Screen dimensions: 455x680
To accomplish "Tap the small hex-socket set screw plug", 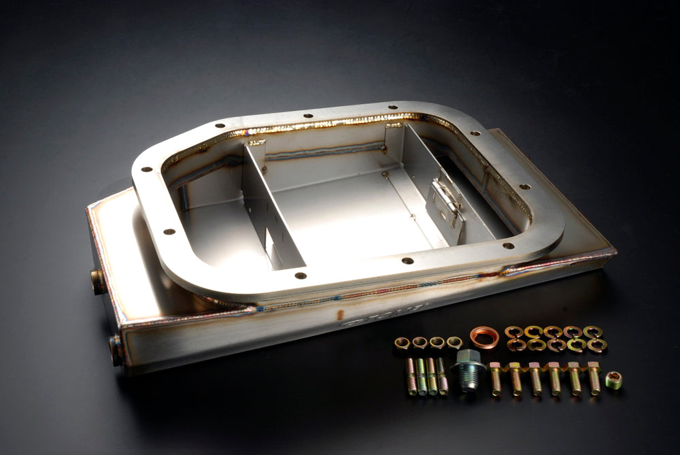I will [614, 380].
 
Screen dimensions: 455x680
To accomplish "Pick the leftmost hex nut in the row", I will [402, 342].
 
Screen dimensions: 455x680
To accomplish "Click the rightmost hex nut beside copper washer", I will [454, 342].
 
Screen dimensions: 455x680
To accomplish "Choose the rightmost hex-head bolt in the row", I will [594, 377].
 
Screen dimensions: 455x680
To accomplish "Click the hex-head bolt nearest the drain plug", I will [495, 378].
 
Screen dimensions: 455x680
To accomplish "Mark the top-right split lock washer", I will [592, 332].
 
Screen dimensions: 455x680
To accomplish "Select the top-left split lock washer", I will [513, 332].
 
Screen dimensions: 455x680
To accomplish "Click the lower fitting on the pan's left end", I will [116, 350].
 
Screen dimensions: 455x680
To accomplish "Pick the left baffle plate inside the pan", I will [271, 210].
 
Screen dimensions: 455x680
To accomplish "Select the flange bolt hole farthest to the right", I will [524, 186].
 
